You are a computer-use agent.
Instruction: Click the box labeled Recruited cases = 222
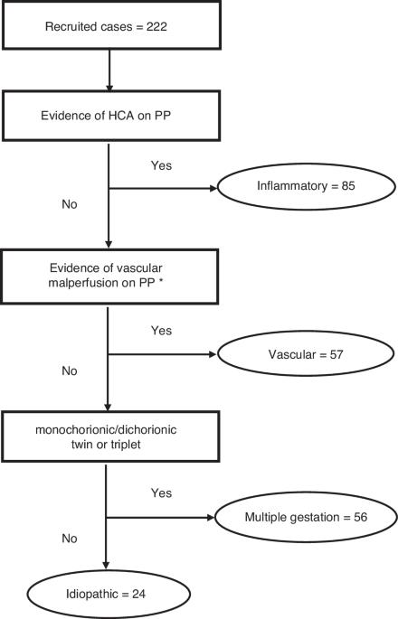click(111, 25)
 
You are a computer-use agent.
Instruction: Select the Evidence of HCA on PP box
click(111, 116)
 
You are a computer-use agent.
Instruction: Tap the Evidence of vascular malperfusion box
click(109, 277)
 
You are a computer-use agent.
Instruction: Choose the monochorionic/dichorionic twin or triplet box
click(110, 436)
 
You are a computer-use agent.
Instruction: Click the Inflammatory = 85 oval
click(307, 187)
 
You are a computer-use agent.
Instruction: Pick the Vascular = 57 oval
click(306, 353)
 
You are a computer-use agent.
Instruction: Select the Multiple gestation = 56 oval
click(306, 517)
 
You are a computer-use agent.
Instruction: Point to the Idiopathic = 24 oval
click(109, 594)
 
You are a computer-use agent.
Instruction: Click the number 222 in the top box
click(156, 26)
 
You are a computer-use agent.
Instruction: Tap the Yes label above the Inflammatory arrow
click(161, 165)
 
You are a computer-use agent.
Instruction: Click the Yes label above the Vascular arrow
click(161, 330)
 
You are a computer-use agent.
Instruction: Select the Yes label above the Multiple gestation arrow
click(161, 492)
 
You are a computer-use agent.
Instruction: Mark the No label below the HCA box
click(70, 204)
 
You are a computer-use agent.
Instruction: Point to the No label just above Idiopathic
click(70, 538)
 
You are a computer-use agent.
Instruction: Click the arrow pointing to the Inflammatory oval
click(163, 188)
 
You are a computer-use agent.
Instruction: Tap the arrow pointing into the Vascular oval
click(162, 354)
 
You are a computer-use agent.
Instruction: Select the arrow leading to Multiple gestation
click(160, 517)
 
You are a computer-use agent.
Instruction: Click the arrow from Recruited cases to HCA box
click(109, 70)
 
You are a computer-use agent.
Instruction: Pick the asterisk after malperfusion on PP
click(161, 281)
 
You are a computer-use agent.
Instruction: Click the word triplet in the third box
click(126, 445)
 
